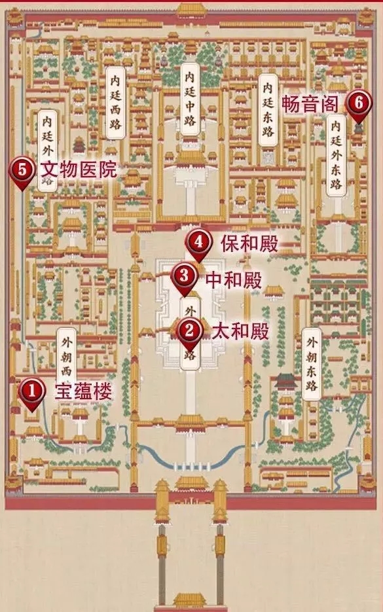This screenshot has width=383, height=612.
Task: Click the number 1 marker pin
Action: click(x=31, y=391)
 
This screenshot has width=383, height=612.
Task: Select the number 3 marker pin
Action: click(x=184, y=276)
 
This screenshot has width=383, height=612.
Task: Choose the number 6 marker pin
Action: click(x=357, y=103)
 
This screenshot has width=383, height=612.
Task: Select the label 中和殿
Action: click(x=234, y=280)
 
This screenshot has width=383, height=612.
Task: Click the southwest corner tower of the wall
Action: click(x=14, y=485)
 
